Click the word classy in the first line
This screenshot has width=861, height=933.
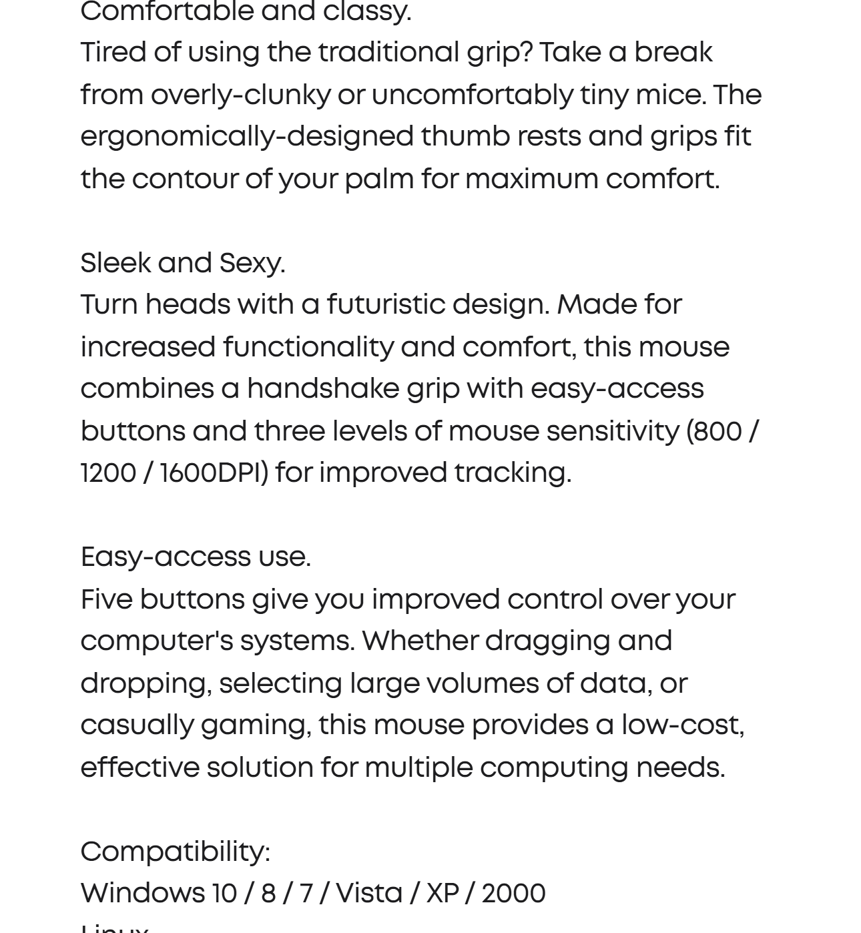366,11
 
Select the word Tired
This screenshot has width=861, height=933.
113,52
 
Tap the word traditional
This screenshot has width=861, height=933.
388,52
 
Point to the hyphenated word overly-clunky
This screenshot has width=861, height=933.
240,95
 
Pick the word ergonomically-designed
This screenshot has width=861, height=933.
247,137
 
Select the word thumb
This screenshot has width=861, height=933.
465,136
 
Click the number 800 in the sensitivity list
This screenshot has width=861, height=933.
718,431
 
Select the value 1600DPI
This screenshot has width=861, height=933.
214,473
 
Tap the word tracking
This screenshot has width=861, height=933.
513,473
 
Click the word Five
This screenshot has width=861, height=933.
107,599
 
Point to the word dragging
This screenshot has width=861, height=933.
547,641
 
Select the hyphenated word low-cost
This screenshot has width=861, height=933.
683,725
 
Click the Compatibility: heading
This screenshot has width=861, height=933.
176,852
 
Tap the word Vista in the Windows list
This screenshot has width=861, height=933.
369,894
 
